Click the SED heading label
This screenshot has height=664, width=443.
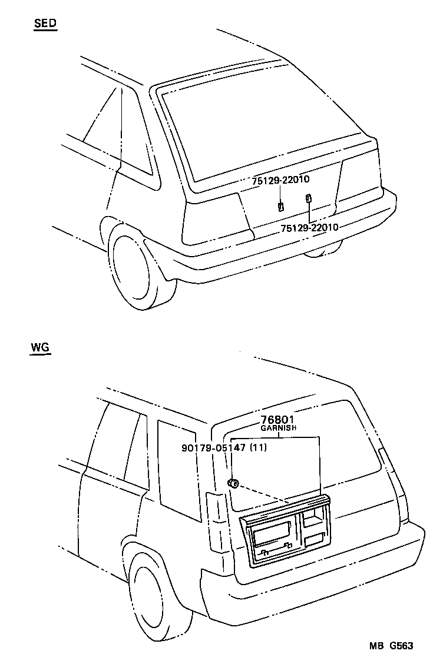[45, 24]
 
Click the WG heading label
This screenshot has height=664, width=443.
[40, 347]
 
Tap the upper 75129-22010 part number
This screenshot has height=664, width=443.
[281, 181]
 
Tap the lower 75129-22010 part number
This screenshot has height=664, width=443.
[309, 227]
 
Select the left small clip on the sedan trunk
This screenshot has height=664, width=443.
[281, 206]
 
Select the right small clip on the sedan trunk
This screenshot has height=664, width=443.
[308, 198]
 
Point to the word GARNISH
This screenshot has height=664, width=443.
[279, 429]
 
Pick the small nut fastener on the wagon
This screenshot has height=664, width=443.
[233, 484]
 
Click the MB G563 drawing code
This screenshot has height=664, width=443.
[391, 646]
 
